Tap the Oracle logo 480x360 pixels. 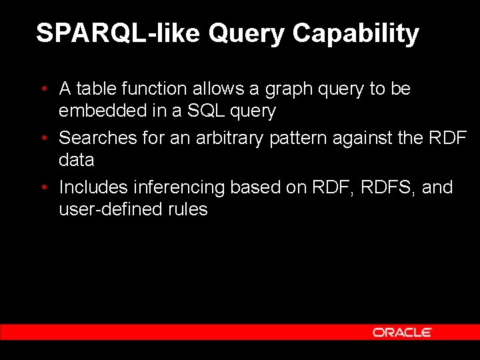coord(402,332)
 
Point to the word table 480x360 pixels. coord(97,89)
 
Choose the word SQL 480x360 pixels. coord(207,111)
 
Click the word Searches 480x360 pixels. coord(98,138)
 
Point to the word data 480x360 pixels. coord(77,160)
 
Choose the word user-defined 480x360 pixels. coord(111,209)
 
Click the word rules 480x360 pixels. coord(187,209)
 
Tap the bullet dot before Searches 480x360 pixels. coord(43,138)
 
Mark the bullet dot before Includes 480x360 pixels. coord(43,187)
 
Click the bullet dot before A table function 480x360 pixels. coord(43,89)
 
